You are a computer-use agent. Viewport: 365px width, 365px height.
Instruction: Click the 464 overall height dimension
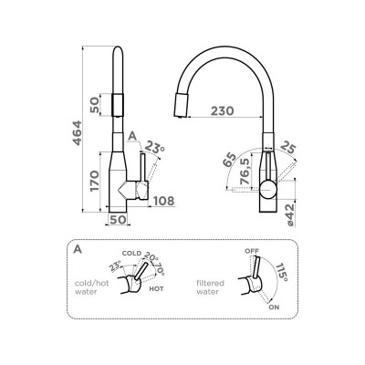(77, 133)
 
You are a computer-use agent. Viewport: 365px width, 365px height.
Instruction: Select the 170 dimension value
(95, 181)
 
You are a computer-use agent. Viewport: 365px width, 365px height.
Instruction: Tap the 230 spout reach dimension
(223, 110)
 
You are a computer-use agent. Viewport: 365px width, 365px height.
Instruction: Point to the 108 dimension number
(163, 201)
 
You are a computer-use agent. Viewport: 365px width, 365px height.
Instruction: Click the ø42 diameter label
(290, 215)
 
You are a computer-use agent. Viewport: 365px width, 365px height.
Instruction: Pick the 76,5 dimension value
(245, 172)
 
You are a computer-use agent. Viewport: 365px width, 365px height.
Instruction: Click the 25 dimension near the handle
(287, 148)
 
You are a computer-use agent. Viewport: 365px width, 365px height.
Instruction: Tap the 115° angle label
(281, 272)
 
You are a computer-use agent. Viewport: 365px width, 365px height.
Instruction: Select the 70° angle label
(160, 268)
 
